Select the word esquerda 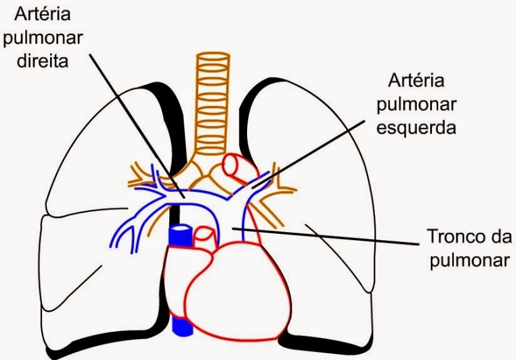pos(416,128)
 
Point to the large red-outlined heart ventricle pos(241,289)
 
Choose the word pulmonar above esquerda pos(416,104)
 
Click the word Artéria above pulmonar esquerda pos(416,81)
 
